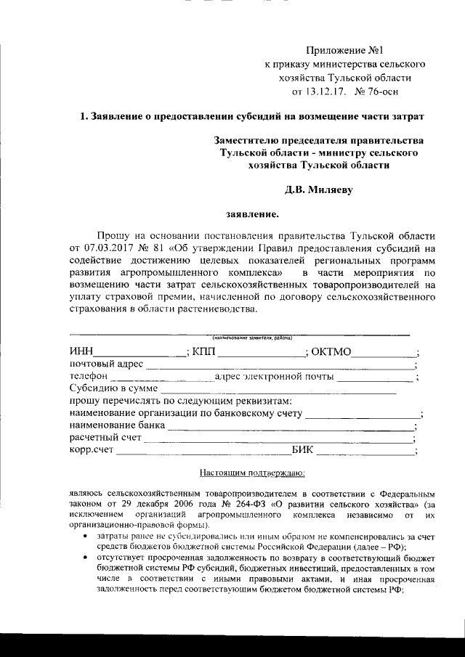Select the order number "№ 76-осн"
tap(376, 91)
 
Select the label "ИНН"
tap(81, 352)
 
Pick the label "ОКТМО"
tap(331, 352)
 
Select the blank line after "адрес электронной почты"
tap(375, 380)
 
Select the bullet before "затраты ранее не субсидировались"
tap(86, 536)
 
